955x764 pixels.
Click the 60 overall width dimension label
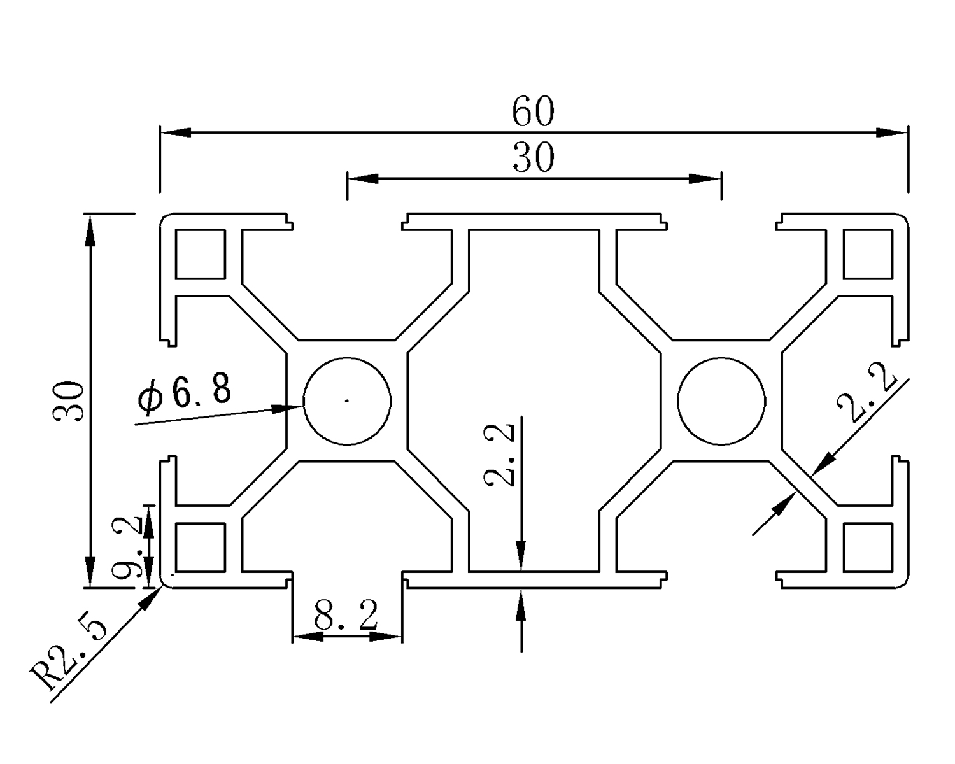pyautogui.click(x=534, y=112)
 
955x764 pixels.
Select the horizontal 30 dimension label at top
pyautogui.click(x=534, y=158)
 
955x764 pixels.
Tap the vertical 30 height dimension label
pyautogui.click(x=69, y=401)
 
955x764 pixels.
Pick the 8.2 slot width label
pyautogui.click(x=346, y=616)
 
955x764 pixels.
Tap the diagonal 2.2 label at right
pyautogui.click(x=867, y=398)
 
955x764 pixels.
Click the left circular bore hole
pyautogui.click(x=347, y=401)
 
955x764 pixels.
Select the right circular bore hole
pyautogui.click(x=721, y=401)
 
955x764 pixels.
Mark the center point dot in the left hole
pyautogui.click(x=347, y=400)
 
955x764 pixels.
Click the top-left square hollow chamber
pyautogui.click(x=200, y=254)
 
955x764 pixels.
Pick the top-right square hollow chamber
pyautogui.click(x=867, y=254)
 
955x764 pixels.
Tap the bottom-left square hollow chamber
pyautogui.click(x=200, y=547)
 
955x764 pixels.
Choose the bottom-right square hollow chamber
pyautogui.click(x=867, y=547)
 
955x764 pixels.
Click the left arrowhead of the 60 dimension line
pyautogui.click(x=176, y=132)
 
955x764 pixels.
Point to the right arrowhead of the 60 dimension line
pyautogui.click(x=891, y=132)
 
